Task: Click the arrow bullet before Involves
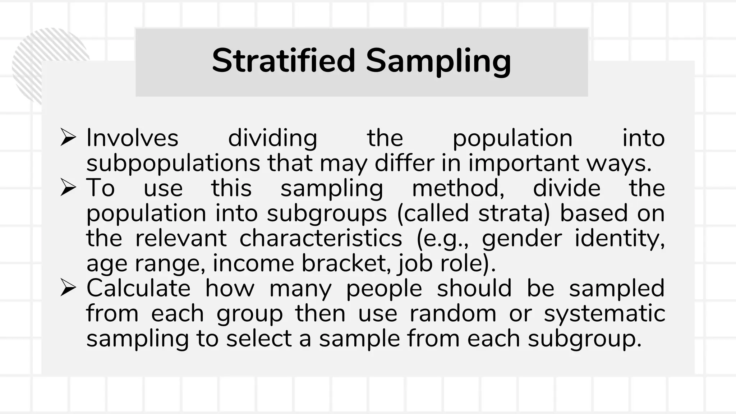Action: (x=68, y=138)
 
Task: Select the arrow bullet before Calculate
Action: (x=68, y=288)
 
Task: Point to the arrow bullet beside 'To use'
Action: (x=68, y=188)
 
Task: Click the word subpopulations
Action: (x=173, y=164)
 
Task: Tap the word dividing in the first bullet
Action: (x=272, y=138)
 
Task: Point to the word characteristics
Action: (x=321, y=238)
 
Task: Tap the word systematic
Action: (x=604, y=314)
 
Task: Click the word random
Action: (x=453, y=313)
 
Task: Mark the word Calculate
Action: (x=138, y=288)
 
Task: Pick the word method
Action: (x=458, y=188)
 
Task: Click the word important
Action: (x=523, y=164)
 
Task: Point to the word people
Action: (x=384, y=289)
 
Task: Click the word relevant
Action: (x=181, y=238)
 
